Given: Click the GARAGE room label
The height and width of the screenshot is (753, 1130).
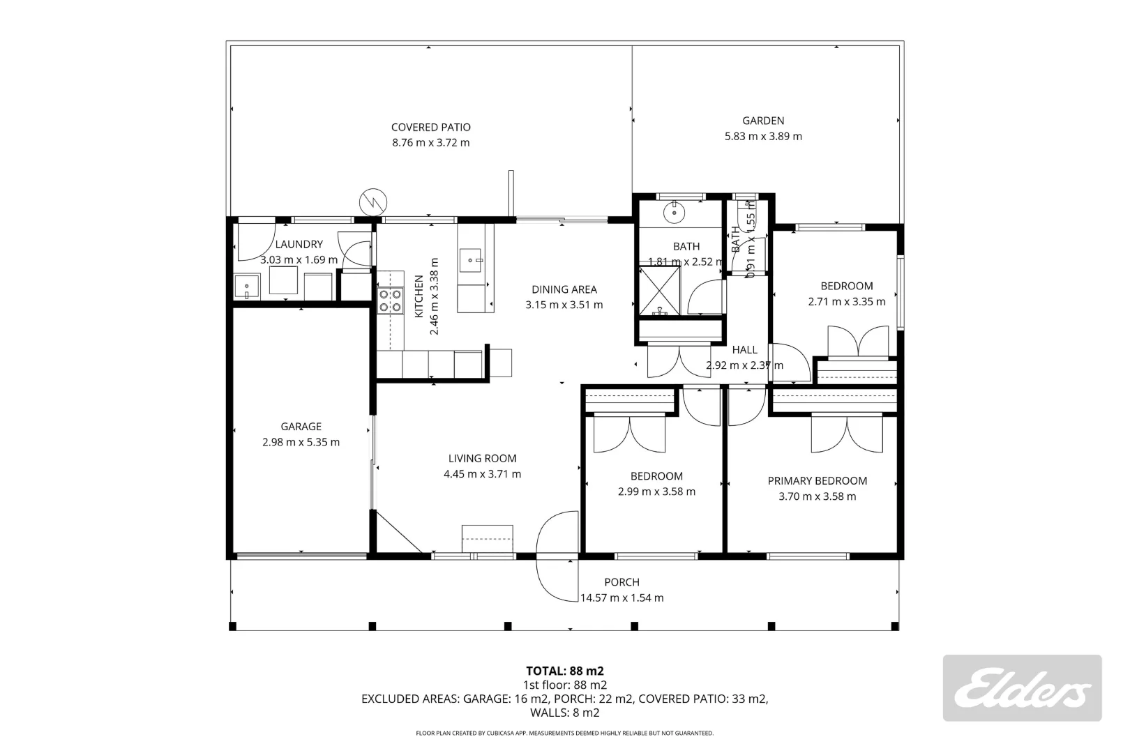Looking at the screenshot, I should point(301,427).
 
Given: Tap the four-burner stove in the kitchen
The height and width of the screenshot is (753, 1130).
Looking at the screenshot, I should point(390,301).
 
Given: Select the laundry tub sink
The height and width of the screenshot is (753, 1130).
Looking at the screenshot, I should point(246,287).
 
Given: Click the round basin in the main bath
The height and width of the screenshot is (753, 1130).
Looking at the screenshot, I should point(675,211).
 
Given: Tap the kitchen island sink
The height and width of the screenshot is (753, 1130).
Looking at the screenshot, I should point(474,261).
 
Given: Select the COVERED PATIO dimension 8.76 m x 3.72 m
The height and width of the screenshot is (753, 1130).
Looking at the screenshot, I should point(430,143).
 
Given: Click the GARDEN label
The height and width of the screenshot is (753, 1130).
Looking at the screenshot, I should point(763,121).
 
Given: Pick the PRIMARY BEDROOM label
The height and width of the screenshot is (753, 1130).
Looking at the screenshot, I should point(817,481).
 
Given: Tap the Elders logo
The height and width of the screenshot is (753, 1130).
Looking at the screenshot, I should point(1022,688).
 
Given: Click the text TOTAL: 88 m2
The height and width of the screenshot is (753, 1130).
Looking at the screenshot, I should point(564,671).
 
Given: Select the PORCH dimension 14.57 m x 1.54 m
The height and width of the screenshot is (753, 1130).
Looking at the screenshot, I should point(621,598).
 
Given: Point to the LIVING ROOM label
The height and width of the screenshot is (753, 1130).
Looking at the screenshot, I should point(482,459).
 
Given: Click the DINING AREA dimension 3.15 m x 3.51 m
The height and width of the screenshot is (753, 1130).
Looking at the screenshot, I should point(564,305).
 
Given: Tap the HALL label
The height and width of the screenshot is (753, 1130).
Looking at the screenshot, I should point(744,350).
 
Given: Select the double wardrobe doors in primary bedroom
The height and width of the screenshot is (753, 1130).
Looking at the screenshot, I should point(847,434).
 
